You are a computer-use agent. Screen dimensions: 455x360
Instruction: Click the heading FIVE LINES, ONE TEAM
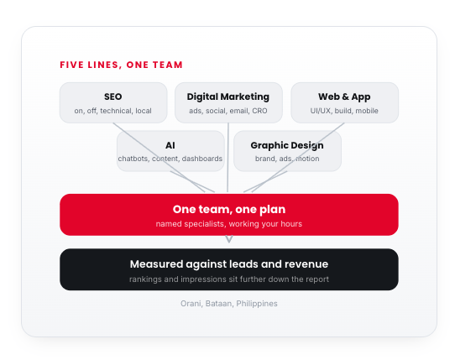[121, 65]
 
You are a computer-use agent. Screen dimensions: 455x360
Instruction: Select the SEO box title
[112, 97]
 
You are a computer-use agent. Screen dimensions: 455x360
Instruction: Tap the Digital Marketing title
[228, 97]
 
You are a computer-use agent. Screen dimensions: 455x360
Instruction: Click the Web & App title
[344, 97]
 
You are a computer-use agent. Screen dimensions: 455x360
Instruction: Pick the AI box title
[170, 145]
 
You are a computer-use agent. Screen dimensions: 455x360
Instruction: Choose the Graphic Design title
[287, 145]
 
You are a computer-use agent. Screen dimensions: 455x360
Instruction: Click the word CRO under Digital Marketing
[259, 111]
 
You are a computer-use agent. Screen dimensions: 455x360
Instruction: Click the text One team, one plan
[229, 210]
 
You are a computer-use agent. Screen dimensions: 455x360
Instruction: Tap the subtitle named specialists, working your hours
[229, 224]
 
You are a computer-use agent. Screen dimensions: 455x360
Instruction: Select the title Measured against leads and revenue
[229, 264]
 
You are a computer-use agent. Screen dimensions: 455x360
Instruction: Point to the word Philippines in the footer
[257, 304]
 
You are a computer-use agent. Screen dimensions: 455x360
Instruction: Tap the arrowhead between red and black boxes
[229, 239]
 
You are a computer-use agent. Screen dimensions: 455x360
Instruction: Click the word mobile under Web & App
[367, 111]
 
